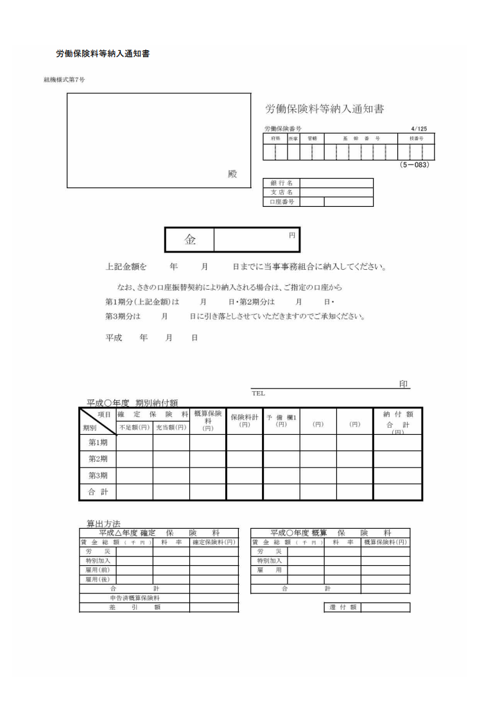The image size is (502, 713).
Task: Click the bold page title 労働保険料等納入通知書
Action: [103, 54]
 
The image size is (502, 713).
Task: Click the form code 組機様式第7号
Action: [64, 80]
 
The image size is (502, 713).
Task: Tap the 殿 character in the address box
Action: [232, 174]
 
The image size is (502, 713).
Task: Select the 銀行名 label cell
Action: [281, 183]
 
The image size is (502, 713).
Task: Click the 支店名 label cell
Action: [281, 192]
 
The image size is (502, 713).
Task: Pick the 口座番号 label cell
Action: [281, 202]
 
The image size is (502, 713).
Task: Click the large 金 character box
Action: [190, 240]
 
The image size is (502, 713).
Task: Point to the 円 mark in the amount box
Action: [292, 235]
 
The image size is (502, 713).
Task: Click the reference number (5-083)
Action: [414, 165]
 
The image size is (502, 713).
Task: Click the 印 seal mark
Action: [404, 384]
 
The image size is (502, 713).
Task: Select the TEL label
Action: [258, 393]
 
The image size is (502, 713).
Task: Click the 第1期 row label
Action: [98, 442]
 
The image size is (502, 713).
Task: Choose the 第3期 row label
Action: [98, 475]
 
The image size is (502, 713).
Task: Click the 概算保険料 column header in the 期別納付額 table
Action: [207, 421]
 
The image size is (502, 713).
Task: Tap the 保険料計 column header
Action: [244, 421]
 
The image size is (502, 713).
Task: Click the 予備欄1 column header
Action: [281, 421]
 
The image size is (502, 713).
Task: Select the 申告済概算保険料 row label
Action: [134, 597]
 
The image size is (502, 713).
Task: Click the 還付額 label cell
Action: [342, 607]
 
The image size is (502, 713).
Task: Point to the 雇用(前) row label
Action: [98, 570]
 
